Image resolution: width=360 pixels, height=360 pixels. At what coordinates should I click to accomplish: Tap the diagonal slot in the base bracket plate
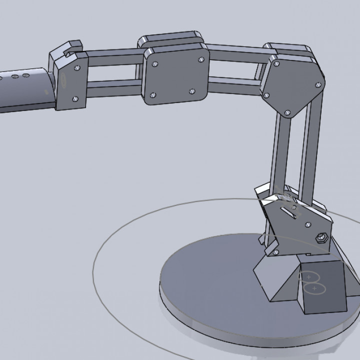point(288,212)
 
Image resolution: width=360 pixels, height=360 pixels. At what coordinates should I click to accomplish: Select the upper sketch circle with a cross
point(309,276)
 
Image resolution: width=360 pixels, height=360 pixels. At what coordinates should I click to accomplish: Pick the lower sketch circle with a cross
point(314,288)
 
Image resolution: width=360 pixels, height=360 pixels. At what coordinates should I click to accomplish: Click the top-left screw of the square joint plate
point(155,63)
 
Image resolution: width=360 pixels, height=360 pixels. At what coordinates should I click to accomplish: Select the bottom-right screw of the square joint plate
point(192,91)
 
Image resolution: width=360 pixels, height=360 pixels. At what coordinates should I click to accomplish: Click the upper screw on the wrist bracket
point(76,67)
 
